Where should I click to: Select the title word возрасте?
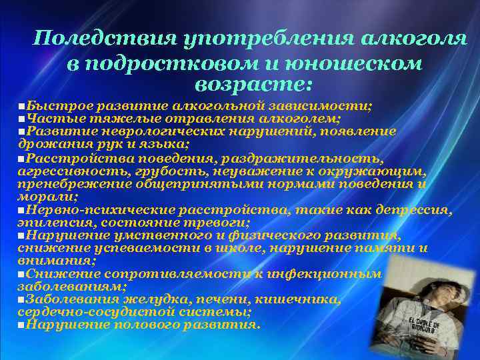click(252, 85)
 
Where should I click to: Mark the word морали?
click(37, 197)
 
